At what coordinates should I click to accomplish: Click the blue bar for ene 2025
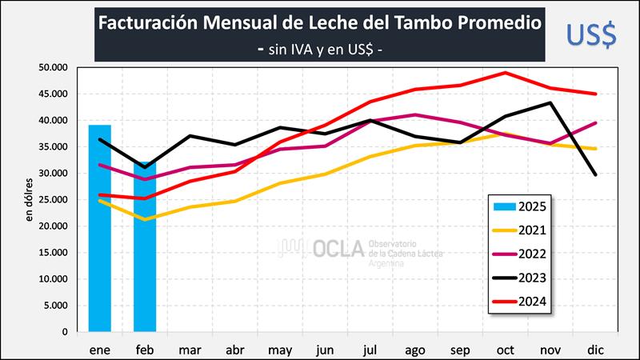pyautogui.click(x=99, y=228)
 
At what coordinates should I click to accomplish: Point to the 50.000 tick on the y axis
pyautogui.click(x=53, y=68)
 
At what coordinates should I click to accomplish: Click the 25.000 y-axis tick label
pyautogui.click(x=53, y=200)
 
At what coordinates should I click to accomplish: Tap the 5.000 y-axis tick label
pyautogui.click(x=56, y=306)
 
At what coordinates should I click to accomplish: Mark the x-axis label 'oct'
pyautogui.click(x=505, y=350)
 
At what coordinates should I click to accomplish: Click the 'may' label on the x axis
pyautogui.click(x=280, y=350)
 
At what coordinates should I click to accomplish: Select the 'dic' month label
pyautogui.click(x=595, y=350)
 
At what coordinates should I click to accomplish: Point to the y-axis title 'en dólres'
pyautogui.click(x=30, y=200)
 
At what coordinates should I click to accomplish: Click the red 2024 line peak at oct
pyautogui.click(x=506, y=73)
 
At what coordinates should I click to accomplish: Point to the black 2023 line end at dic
pyautogui.click(x=595, y=174)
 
